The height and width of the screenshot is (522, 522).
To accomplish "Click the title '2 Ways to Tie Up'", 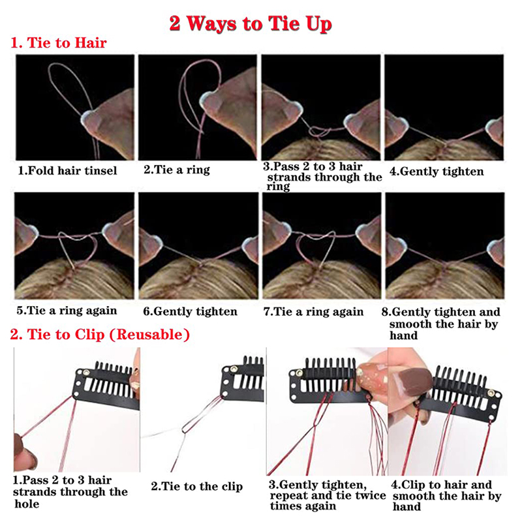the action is tap(251, 24).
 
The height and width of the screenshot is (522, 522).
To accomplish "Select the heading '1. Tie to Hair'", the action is tap(59, 43).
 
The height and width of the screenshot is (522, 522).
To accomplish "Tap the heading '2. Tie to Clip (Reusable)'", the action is tap(100, 335).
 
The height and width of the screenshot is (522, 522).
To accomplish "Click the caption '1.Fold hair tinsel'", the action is tap(67, 171).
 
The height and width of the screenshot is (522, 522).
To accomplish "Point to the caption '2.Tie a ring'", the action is tap(177, 170).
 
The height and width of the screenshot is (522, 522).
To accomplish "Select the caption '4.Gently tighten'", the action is tap(437, 172).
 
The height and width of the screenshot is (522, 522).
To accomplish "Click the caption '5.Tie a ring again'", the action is tap(67, 311).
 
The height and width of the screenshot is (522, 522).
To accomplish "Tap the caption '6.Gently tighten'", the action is tap(190, 312).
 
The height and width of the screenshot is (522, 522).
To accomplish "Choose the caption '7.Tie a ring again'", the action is tap(313, 312).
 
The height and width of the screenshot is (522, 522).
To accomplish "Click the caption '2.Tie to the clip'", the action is tap(197, 486).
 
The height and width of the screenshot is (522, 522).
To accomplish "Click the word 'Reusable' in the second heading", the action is tap(149, 335).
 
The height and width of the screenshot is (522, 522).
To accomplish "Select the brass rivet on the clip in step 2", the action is tap(234, 369).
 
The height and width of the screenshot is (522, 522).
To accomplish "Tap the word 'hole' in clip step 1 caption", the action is tap(27, 504).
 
